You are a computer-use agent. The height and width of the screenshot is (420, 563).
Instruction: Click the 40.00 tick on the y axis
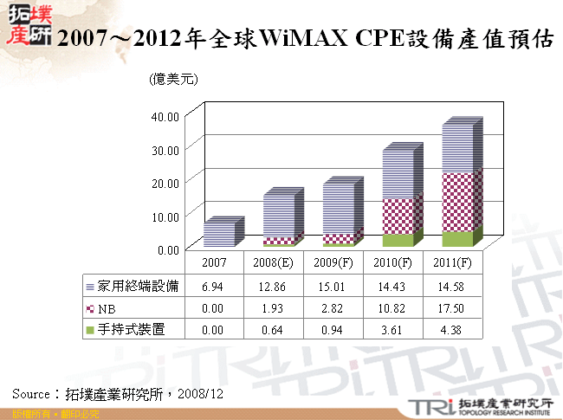pyautogui.click(x=165, y=116)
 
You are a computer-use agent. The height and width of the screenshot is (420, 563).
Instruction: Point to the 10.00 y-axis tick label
pyautogui.click(x=165, y=216)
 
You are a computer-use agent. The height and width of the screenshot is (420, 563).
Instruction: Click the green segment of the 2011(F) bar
pyautogui.click(x=460, y=238)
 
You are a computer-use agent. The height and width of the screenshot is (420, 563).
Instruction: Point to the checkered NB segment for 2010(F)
pyautogui.click(x=400, y=215)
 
